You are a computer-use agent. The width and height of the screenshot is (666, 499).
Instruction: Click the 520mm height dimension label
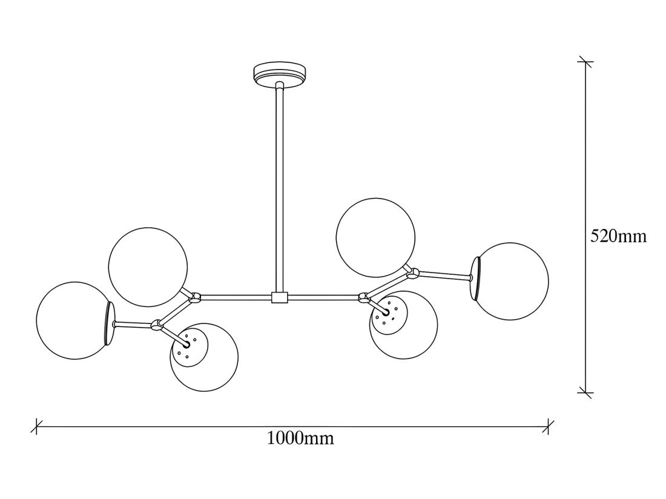[618, 236]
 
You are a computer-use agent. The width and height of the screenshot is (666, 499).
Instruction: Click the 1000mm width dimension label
[300, 438]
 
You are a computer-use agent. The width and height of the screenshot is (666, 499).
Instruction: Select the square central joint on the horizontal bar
[279, 297]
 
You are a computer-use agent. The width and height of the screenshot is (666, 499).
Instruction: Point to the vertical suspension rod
[279, 188]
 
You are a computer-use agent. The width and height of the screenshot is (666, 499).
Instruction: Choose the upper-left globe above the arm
[148, 266]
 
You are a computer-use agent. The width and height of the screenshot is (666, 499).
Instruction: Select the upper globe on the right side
[376, 237]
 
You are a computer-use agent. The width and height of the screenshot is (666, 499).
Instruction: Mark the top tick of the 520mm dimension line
[585, 61]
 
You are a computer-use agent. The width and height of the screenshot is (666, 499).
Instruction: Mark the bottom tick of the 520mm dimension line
[585, 392]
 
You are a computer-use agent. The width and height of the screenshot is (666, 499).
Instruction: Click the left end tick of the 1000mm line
[37, 426]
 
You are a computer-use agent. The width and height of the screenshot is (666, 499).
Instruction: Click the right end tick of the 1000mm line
[548, 426]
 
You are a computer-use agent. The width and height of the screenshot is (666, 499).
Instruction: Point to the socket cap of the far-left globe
[110, 323]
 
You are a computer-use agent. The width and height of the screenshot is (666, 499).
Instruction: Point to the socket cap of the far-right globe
[476, 278]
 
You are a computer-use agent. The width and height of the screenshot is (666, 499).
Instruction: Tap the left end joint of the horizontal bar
[195, 297]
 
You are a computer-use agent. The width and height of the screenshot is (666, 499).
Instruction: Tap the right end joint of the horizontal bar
[364, 297]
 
